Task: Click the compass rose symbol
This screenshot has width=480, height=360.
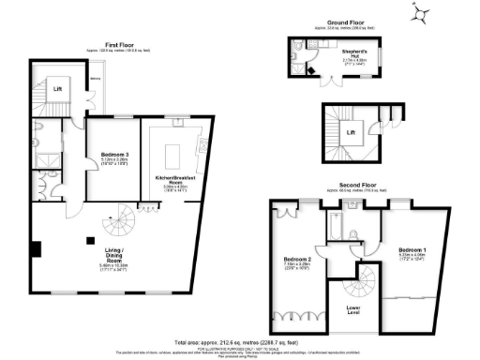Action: (x=422, y=12)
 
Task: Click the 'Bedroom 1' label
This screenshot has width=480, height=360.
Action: (x=412, y=250)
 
